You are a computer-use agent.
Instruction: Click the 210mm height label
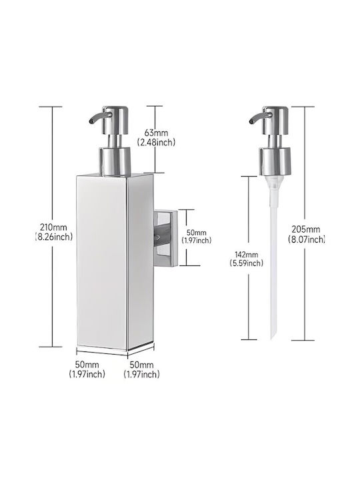click(x=53, y=227)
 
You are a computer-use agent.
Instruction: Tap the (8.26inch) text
click(x=53, y=237)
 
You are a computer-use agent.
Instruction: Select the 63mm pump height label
click(x=156, y=133)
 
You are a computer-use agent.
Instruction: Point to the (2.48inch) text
click(x=156, y=142)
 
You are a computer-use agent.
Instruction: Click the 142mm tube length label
click(x=247, y=255)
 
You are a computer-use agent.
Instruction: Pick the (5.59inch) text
click(x=247, y=263)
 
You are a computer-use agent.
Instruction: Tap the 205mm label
click(x=306, y=229)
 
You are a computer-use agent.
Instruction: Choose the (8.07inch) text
click(x=306, y=239)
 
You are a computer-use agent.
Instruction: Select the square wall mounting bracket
click(x=165, y=237)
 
